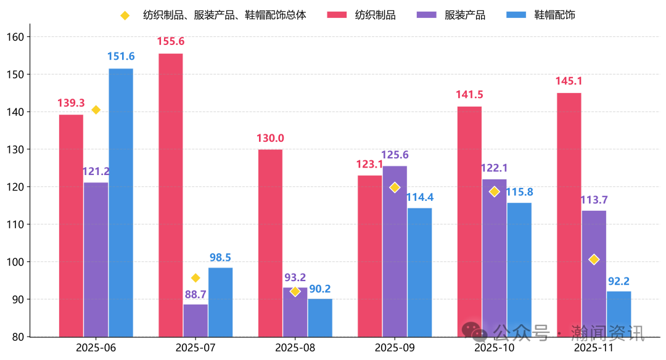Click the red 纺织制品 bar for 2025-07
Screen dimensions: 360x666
point(170,195)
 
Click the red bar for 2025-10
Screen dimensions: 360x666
point(469,221)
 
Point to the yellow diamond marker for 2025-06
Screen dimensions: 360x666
point(96,110)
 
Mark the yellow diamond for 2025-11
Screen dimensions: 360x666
point(594,260)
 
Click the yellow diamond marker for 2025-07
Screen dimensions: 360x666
point(195,278)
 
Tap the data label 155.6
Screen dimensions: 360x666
point(171,42)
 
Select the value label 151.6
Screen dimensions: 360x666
point(121,57)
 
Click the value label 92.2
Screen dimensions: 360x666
point(619,281)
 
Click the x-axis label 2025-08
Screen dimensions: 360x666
point(295,348)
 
